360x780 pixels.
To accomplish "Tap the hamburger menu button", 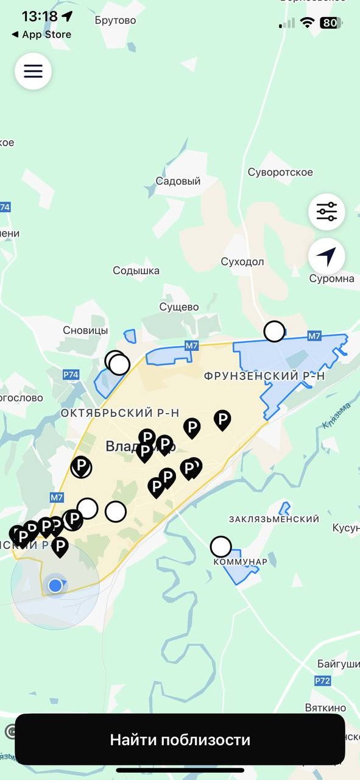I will (x=33, y=71).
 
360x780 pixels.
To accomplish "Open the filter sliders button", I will (x=326, y=212).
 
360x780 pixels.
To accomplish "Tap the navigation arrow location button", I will (x=326, y=257).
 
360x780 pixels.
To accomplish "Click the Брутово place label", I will (x=115, y=20).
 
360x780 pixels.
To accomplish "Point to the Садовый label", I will (x=178, y=181).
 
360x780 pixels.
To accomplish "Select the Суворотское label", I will (x=280, y=172).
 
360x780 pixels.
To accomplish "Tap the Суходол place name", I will (x=242, y=261).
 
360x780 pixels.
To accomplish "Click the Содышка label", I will (x=136, y=270).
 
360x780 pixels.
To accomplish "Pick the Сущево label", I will (x=178, y=307).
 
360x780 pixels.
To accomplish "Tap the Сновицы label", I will (x=85, y=330).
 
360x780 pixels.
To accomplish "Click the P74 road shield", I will (x=71, y=374).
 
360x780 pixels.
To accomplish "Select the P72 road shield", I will (x=322, y=680).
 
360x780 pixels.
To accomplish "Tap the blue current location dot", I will (x=55, y=586).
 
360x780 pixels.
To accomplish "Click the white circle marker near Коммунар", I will (x=221, y=546).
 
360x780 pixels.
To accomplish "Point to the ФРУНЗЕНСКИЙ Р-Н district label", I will (x=264, y=377).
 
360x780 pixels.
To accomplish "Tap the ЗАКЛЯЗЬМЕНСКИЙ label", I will (x=274, y=519).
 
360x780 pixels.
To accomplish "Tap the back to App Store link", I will (x=41, y=35).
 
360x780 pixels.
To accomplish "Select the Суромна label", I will (x=331, y=278).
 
